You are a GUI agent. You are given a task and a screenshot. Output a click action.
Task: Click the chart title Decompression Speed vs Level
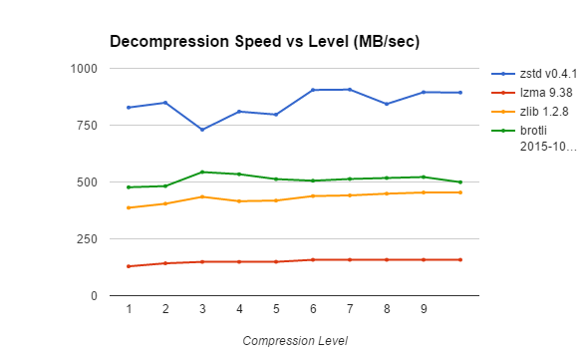tap(264, 42)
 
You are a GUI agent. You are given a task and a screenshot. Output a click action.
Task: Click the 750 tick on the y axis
tap(88, 126)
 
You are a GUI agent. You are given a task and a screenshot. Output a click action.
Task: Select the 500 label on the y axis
tap(88, 182)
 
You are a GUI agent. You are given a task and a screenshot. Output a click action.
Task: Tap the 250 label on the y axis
tap(88, 239)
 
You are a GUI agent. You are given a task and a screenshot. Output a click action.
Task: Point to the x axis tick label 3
tap(202, 310)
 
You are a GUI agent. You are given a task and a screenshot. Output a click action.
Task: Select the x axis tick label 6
tap(313, 310)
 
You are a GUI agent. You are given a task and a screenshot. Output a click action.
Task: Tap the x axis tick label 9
tap(424, 310)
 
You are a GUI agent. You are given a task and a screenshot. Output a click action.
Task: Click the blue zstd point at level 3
tap(202, 130)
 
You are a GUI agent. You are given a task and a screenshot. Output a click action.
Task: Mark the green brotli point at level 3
tap(202, 172)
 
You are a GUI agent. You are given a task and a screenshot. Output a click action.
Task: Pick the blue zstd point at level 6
tap(313, 90)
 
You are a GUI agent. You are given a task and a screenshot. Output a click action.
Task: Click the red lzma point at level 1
tap(129, 266)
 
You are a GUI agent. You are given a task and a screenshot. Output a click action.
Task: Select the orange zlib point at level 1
tap(129, 207)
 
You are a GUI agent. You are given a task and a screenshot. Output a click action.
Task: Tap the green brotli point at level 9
tap(424, 177)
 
